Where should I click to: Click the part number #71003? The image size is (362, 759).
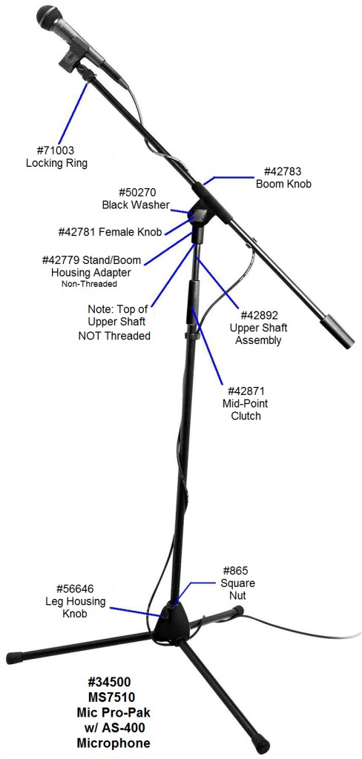[x=56, y=150]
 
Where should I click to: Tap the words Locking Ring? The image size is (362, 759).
[x=56, y=163]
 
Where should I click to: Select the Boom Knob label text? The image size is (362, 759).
[x=283, y=185]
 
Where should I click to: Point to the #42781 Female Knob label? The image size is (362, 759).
[x=110, y=232]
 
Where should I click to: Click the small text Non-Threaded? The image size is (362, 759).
[x=89, y=284]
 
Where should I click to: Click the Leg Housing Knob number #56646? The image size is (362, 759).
[x=75, y=589]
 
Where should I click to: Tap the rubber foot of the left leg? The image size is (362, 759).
[x=15, y=658]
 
